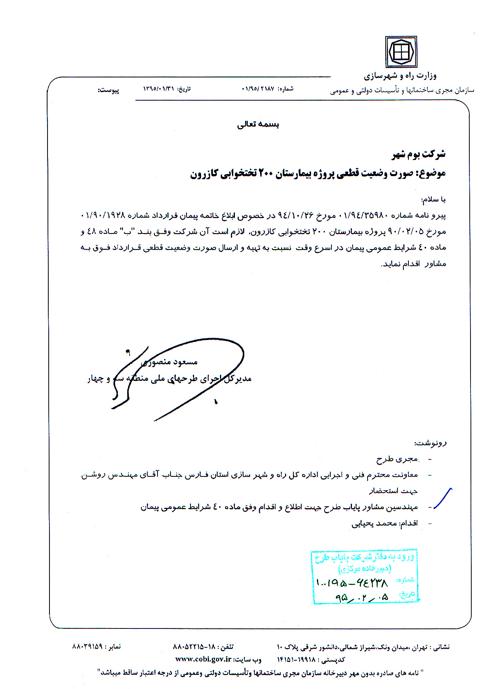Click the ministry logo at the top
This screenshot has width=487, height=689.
pyautogui.click(x=401, y=52)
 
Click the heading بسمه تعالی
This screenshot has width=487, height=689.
pyautogui.click(x=258, y=125)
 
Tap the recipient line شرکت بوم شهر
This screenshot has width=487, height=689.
pyautogui.click(x=419, y=154)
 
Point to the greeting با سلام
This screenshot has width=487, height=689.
pyautogui.click(x=433, y=200)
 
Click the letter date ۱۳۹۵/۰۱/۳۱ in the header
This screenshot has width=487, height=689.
pyautogui.click(x=158, y=89)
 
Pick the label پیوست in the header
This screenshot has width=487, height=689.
pyautogui.click(x=108, y=90)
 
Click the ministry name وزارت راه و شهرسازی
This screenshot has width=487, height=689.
pyautogui.click(x=400, y=75)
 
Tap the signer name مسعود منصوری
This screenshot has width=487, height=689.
pyautogui.click(x=169, y=362)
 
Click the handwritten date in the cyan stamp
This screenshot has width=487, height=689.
pyautogui.click(x=362, y=597)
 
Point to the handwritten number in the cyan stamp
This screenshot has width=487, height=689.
pyautogui.click(x=352, y=582)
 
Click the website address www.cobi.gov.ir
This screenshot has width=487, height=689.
pyautogui.click(x=203, y=659)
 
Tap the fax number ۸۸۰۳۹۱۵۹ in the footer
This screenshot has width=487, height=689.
pyautogui.click(x=88, y=646)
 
